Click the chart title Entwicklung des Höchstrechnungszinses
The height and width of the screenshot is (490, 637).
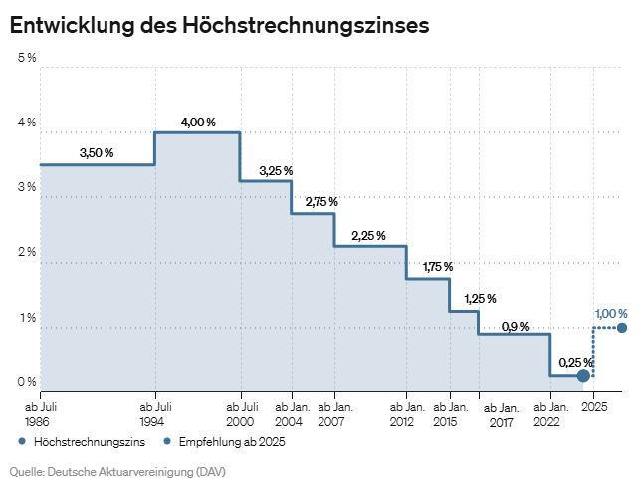[x=219, y=25]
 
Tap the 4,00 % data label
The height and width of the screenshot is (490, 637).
[x=198, y=122]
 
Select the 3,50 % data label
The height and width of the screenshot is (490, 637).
[x=97, y=153]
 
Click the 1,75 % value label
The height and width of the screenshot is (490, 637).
[x=438, y=267]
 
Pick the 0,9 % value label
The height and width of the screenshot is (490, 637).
[x=515, y=326]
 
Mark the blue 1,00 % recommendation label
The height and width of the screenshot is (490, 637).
[x=611, y=314]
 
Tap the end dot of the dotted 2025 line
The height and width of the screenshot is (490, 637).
[x=622, y=328]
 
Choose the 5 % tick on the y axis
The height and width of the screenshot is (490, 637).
[x=27, y=58]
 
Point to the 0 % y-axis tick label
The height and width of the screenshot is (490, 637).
[x=27, y=382]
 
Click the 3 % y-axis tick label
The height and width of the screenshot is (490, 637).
[x=27, y=187]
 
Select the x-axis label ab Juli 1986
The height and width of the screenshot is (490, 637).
[x=40, y=414]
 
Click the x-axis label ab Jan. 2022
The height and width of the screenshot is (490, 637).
[x=551, y=414]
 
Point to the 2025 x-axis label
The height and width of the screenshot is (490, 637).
[x=594, y=407]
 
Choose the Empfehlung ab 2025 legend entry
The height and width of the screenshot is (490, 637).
[x=224, y=441]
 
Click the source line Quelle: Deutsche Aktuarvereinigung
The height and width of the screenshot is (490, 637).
[x=104, y=470]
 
